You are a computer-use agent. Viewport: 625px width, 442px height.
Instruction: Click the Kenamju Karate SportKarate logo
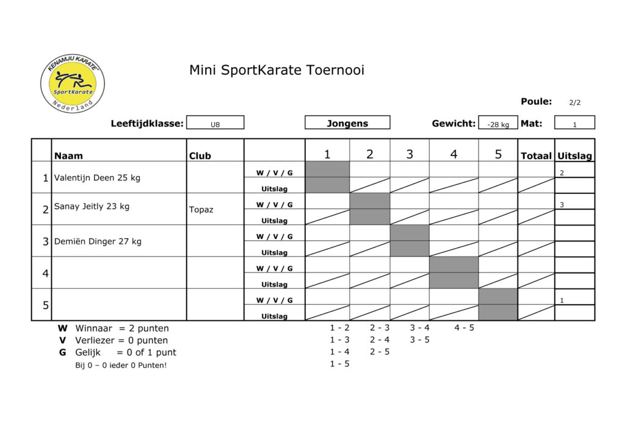73,84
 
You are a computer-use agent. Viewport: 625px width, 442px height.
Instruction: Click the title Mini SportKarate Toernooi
276,70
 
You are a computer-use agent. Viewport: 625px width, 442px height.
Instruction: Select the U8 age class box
215,123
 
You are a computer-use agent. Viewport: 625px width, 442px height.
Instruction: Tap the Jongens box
347,123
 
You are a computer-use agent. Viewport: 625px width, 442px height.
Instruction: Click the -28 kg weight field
498,123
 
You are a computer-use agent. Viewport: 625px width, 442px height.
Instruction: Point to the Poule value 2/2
575,102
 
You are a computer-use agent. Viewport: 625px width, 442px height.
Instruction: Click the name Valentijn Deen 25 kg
97,177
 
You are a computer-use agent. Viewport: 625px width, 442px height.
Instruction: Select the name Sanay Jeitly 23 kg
92,206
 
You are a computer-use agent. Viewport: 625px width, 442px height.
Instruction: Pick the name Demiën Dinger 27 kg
98,241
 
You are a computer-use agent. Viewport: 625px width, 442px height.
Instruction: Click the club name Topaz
201,210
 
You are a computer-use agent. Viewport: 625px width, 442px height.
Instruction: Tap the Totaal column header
536,155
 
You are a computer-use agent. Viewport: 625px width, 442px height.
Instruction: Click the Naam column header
68,155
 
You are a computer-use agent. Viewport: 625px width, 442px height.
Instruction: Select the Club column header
200,155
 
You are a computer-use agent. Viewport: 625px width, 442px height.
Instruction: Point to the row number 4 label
45,273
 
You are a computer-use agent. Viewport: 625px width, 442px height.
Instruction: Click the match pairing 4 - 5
464,328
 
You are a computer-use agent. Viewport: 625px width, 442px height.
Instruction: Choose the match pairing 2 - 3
380,328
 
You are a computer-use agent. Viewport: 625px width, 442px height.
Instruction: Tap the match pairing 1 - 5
339,363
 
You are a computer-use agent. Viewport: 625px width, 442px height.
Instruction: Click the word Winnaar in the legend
93,329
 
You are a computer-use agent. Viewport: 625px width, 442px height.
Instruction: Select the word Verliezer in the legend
95,340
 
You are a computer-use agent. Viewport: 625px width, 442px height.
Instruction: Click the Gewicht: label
453,123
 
